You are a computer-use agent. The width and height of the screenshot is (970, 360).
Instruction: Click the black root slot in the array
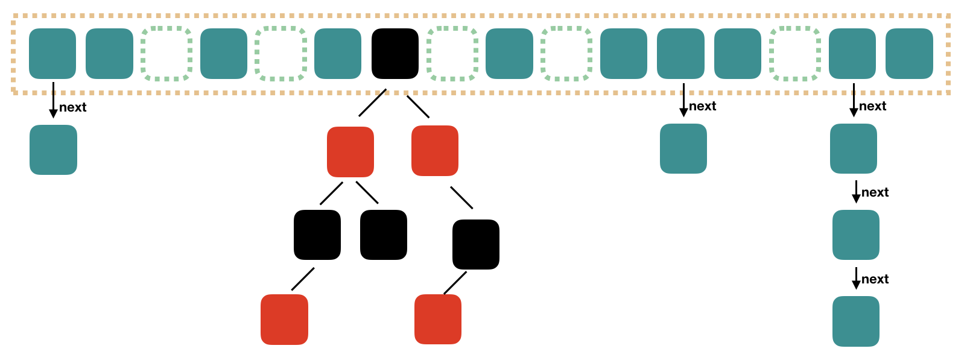pyautogui.click(x=395, y=54)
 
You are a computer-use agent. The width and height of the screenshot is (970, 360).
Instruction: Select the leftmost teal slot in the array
pyautogui.click(x=52, y=54)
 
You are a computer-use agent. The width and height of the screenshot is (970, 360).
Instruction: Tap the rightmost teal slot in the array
pyautogui.click(x=909, y=54)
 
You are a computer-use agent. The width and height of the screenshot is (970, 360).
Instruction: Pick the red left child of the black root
pyautogui.click(x=350, y=151)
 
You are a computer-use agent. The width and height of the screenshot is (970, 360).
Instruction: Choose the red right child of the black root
pyautogui.click(x=435, y=151)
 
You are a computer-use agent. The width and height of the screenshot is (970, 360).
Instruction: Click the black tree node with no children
pyautogui.click(x=384, y=235)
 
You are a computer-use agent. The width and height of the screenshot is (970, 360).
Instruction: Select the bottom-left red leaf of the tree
pyautogui.click(x=284, y=320)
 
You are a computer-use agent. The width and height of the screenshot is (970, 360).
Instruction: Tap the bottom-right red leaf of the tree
pyautogui.click(x=438, y=319)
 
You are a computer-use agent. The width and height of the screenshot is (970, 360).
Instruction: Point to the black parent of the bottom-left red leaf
pyautogui.click(x=317, y=235)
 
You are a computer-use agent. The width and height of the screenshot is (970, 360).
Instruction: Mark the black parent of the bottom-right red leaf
pyautogui.click(x=476, y=244)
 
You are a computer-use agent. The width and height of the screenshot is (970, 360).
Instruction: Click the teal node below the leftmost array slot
pyautogui.click(x=53, y=150)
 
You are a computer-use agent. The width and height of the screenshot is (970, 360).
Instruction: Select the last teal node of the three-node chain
pyautogui.click(x=856, y=321)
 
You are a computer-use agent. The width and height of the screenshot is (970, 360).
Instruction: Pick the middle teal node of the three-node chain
pyautogui.click(x=856, y=235)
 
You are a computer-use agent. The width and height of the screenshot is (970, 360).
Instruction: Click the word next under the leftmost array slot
pyautogui.click(x=73, y=107)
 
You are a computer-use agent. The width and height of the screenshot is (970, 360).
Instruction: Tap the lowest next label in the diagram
pyautogui.click(x=875, y=279)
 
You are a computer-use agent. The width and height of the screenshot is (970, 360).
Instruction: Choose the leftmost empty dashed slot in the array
pyautogui.click(x=166, y=54)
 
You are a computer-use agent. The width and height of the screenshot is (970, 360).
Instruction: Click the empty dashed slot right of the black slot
pyautogui.click(x=452, y=54)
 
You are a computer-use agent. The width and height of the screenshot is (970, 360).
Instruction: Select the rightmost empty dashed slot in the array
pyautogui.click(x=795, y=54)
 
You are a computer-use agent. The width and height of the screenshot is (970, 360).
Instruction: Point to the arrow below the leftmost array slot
pyautogui.click(x=53, y=100)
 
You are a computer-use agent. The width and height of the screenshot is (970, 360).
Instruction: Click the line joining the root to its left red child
pyautogui.click(x=372, y=103)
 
